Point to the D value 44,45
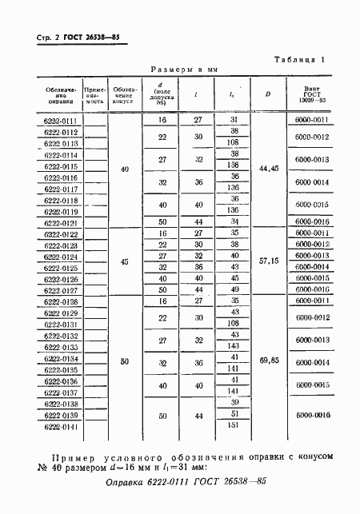[268, 169]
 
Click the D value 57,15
[268, 261]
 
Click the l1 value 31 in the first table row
[234, 120]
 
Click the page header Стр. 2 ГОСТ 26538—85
[78, 38]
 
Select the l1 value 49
[234, 289]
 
